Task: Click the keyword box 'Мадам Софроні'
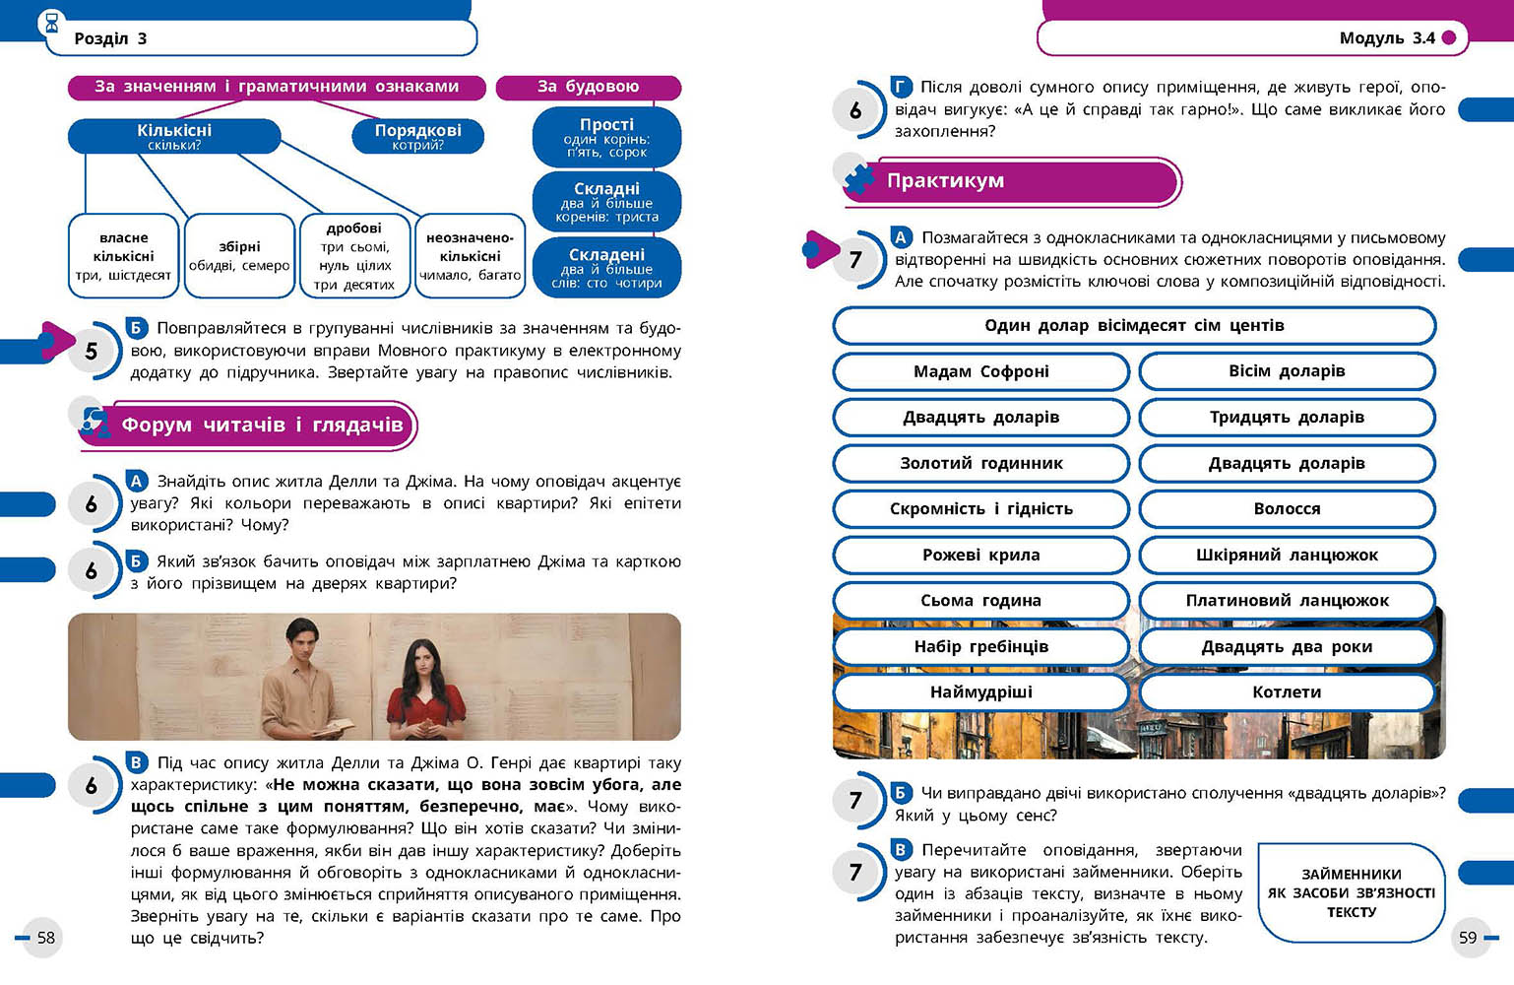[x=980, y=371]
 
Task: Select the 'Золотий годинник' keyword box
[x=980, y=463]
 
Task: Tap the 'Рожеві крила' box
[x=980, y=555]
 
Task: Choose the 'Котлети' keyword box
[x=1287, y=691]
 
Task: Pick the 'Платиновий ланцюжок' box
[x=1287, y=600]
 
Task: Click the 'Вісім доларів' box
[x=1287, y=371]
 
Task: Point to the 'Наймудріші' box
[x=980, y=691]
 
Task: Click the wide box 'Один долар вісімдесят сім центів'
[x=1134, y=325]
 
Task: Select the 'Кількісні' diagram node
[x=174, y=136]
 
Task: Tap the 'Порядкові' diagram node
[x=417, y=136]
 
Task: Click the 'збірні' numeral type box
[x=239, y=256]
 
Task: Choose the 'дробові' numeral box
[x=354, y=256]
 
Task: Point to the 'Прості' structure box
[x=606, y=137]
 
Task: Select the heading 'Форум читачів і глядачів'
[x=261, y=426]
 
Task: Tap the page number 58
[x=45, y=937]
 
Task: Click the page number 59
[x=1468, y=937]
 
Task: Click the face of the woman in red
[x=424, y=660]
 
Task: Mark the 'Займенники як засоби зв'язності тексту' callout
[x=1351, y=892]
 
